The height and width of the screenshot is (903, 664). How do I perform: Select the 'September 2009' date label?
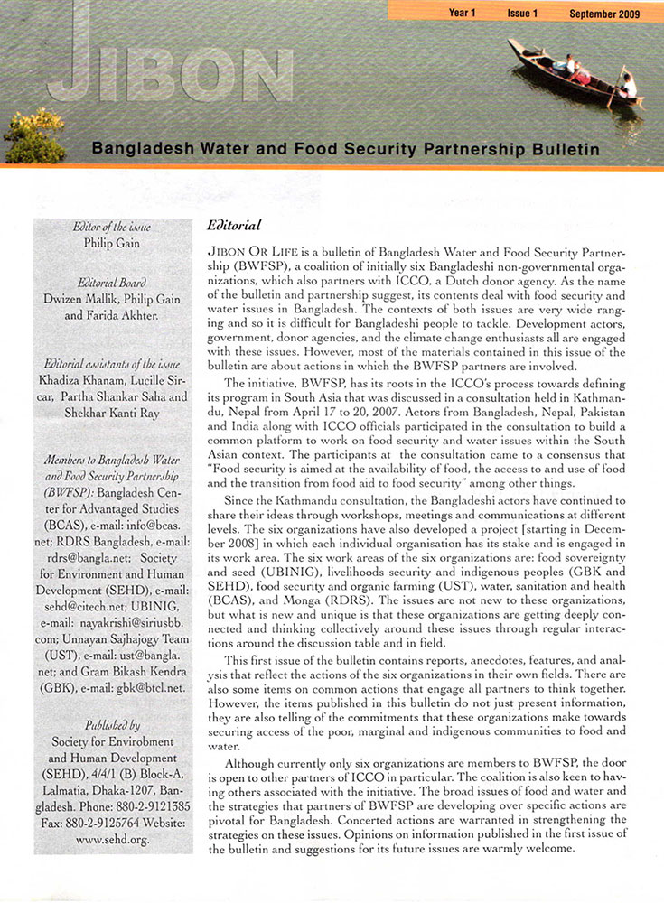pos(604,14)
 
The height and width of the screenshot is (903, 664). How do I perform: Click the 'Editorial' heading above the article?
pos(234,224)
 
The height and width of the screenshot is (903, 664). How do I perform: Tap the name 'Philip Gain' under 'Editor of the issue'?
pos(112,242)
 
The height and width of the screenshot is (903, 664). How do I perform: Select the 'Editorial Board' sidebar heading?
pos(112,282)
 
